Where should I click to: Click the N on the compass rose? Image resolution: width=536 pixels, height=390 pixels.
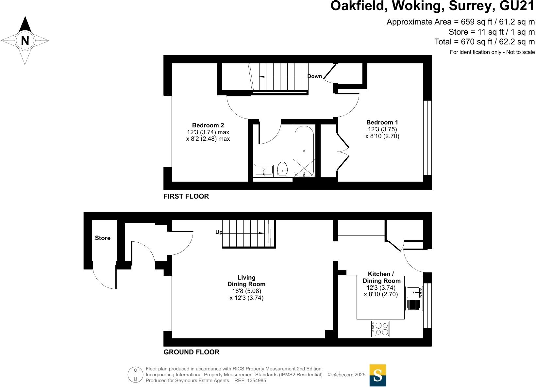[x=25, y=41]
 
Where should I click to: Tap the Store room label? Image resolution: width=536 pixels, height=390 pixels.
[x=103, y=238]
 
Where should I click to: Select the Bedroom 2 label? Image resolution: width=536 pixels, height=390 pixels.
[x=208, y=125]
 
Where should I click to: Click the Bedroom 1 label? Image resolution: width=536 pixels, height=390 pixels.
[x=382, y=122]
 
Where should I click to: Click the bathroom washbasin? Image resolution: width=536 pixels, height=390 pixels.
[x=263, y=171]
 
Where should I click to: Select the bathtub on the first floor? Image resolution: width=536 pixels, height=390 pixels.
[x=304, y=151]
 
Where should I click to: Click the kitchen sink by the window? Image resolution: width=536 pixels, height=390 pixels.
[x=414, y=293]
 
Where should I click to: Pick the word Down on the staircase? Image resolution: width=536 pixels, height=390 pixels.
[x=314, y=76]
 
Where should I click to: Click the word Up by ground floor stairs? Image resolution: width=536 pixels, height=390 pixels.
[x=219, y=232]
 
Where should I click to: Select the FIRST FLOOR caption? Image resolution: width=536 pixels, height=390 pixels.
[x=186, y=196]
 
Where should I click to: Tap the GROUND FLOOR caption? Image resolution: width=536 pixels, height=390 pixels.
[x=191, y=352]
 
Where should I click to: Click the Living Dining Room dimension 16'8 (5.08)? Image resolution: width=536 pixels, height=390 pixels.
[x=246, y=291]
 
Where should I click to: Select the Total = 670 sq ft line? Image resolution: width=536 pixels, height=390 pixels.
[x=484, y=42]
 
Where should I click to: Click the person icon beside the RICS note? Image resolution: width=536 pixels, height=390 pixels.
[x=136, y=375]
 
